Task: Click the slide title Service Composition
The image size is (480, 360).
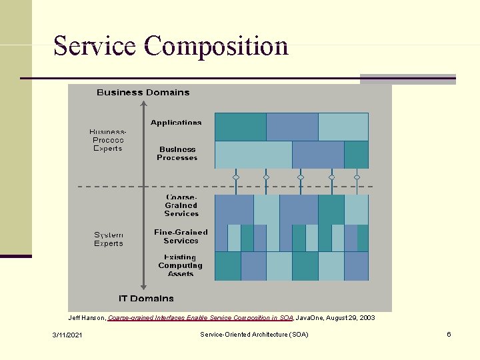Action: pyautogui.click(x=171, y=46)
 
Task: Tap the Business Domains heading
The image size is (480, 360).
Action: pyautogui.click(x=143, y=93)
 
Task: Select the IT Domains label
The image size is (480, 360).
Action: pyautogui.click(x=146, y=299)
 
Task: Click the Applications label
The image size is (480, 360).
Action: pyautogui.click(x=176, y=123)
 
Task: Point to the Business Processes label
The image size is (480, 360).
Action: pyautogui.click(x=177, y=153)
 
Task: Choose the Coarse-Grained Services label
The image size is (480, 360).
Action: pyautogui.click(x=181, y=205)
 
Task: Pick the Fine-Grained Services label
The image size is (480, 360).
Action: pyautogui.click(x=181, y=236)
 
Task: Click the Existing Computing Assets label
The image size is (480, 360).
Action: pyautogui.click(x=181, y=265)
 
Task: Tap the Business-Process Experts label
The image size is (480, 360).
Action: pyautogui.click(x=108, y=140)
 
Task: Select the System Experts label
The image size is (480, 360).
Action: pyautogui.click(x=109, y=239)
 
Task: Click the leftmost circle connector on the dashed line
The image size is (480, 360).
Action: pyautogui.click(x=235, y=177)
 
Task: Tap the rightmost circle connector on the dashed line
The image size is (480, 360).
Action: pyautogui.click(x=357, y=177)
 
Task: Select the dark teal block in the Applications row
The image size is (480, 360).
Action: pyautogui.click(x=241, y=127)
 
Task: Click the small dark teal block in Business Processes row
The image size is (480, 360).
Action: pyautogui.click(x=356, y=155)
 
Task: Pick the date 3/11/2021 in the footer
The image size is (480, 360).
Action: pyautogui.click(x=68, y=334)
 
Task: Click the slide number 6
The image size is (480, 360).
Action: pyautogui.click(x=449, y=334)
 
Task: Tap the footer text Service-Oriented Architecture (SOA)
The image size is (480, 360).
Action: pyautogui.click(x=254, y=334)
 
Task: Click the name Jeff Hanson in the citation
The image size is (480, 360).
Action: pyautogui.click(x=87, y=318)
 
